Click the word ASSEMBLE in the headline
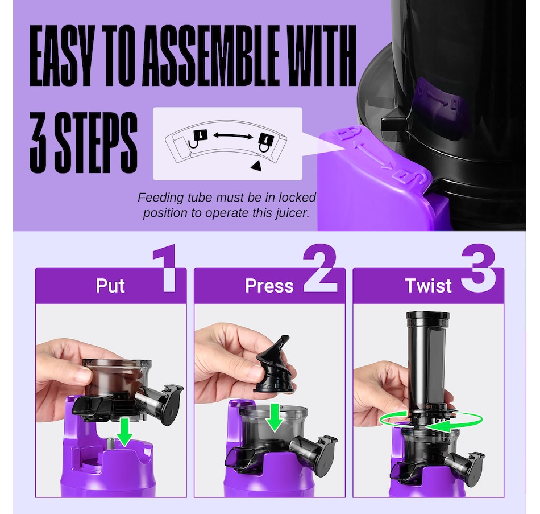coord(210,56)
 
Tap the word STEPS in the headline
coord(97,142)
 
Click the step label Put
coord(110,286)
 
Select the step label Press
coord(269,286)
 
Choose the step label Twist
coord(428,286)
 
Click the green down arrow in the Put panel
coord(124,432)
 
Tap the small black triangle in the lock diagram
coord(256,166)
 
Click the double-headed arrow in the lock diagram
coord(233,136)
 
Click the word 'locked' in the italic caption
coord(297,198)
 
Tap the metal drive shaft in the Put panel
coord(111,443)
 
